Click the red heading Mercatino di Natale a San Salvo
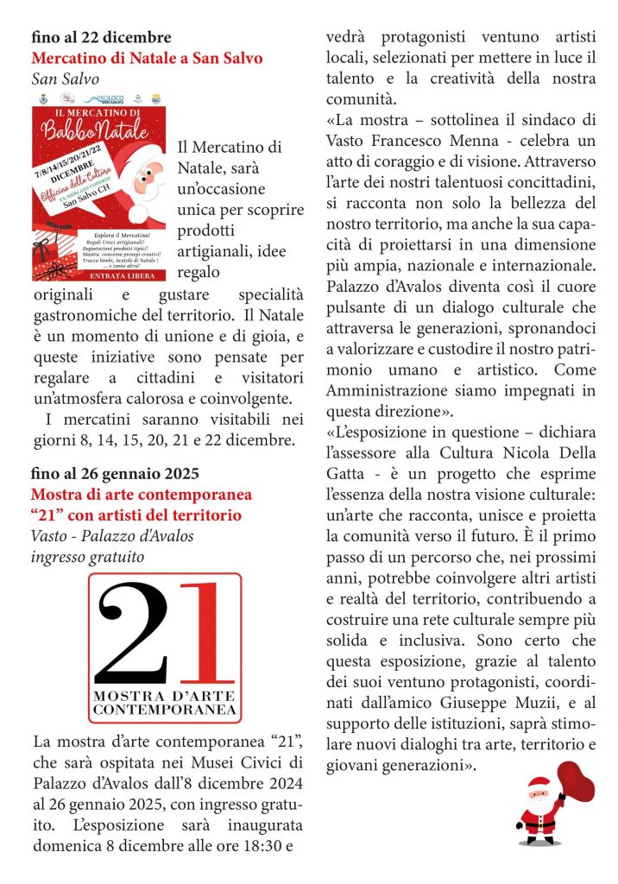[147, 59]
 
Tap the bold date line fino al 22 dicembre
[101, 37]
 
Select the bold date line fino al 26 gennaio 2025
[115, 473]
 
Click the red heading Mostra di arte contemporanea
[141, 495]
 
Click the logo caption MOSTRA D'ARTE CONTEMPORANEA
[164, 702]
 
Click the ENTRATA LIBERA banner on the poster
[98, 275]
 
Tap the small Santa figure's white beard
[539, 804]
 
